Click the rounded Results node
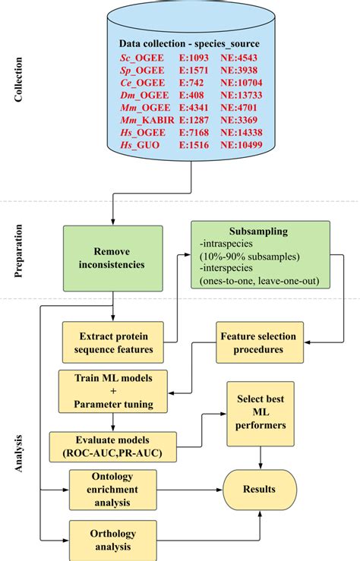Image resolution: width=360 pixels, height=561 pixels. (x=261, y=490)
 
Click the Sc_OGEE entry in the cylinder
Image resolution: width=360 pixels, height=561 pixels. (x=145, y=57)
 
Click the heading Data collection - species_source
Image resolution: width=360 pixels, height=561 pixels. (x=189, y=43)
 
